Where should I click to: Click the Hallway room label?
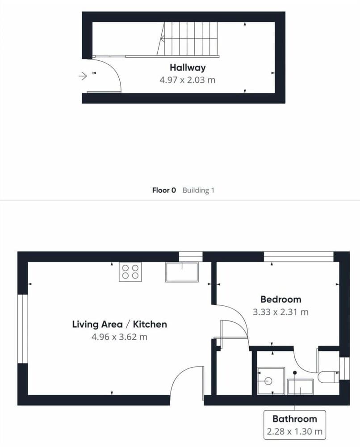pyautogui.click(x=188, y=67)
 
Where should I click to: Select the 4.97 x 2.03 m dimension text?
pyautogui.click(x=188, y=80)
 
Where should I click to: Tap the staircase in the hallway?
pyautogui.click(x=188, y=39)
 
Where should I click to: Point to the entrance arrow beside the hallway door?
pyautogui.click(x=83, y=76)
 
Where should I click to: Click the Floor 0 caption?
pyautogui.click(x=164, y=190)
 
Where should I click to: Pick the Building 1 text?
pyautogui.click(x=198, y=190)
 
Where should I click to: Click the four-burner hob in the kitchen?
pyautogui.click(x=130, y=272)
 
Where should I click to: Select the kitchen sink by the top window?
pyautogui.click(x=182, y=272)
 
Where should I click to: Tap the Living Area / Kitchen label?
pyautogui.click(x=120, y=324)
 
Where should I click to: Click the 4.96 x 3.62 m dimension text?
pyautogui.click(x=119, y=337)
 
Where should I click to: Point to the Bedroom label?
pyautogui.click(x=281, y=299)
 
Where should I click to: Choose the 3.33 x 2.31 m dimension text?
pyautogui.click(x=281, y=312)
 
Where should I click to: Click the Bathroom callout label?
pyautogui.click(x=295, y=419)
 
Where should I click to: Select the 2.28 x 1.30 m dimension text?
pyautogui.click(x=295, y=431)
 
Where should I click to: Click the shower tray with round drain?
pyautogui.click(x=271, y=380)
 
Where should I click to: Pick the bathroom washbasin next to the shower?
pyautogui.click(x=301, y=387)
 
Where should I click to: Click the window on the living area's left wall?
pyautogui.click(x=23, y=329)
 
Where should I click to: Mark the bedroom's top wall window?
pyautogui.click(x=298, y=257)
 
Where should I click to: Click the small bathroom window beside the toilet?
pyautogui.click(x=345, y=369)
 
